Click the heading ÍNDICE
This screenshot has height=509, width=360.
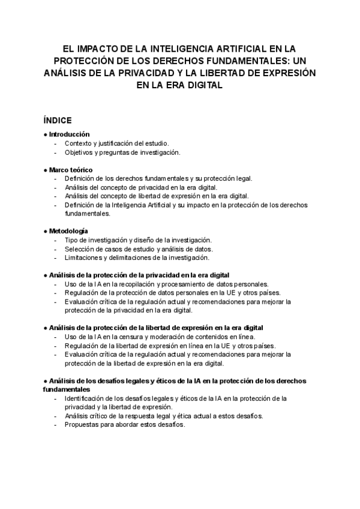point(58,119)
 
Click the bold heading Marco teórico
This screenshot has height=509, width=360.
point(71,170)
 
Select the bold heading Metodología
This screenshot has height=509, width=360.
point(68,231)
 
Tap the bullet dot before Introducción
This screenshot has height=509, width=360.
point(46,134)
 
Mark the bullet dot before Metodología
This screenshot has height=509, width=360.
point(46,231)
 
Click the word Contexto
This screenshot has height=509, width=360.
point(79,143)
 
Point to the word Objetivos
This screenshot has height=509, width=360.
point(80,152)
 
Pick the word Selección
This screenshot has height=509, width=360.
point(80,248)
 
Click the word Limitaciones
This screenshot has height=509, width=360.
point(85,258)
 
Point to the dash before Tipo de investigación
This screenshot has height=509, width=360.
point(56,240)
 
